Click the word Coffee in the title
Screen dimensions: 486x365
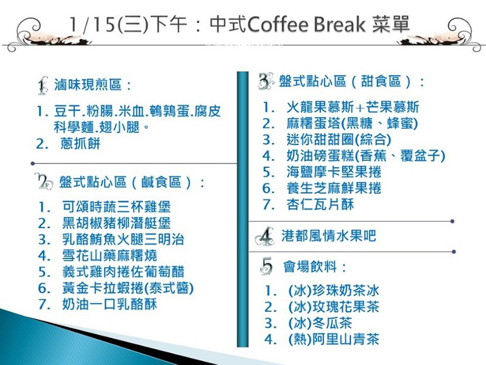[x=277, y=24]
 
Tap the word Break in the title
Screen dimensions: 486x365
[x=339, y=24]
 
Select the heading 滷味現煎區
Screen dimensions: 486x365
[x=88, y=84]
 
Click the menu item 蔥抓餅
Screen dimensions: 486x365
[x=81, y=144]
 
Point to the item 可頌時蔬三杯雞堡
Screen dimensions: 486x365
[x=116, y=206]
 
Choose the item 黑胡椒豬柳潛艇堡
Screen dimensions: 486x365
[x=116, y=223]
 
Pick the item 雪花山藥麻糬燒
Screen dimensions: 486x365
[x=109, y=255]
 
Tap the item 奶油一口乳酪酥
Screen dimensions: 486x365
[x=109, y=304]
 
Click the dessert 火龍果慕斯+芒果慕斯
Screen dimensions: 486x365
[x=352, y=107]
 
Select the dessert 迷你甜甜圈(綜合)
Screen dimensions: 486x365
[x=339, y=140]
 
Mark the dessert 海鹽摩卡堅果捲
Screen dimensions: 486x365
[x=333, y=172]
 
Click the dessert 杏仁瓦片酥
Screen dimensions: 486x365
[x=320, y=205]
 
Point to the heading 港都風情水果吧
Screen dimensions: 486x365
[x=329, y=236]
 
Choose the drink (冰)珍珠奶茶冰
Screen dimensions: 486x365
[x=333, y=290]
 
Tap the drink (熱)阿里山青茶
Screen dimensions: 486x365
[x=333, y=339]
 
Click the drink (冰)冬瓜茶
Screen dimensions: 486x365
[x=320, y=323]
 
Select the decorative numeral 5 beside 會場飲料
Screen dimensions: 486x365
[x=267, y=266]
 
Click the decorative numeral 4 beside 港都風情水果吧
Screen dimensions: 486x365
[x=265, y=237]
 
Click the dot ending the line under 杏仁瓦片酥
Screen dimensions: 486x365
[x=452, y=221]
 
